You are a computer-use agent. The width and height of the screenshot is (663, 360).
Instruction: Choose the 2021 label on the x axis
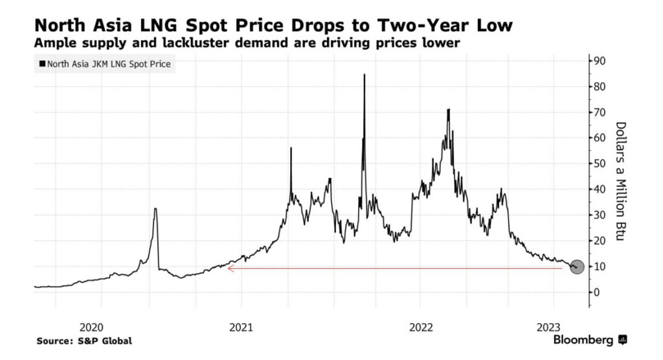pyautogui.click(x=241, y=326)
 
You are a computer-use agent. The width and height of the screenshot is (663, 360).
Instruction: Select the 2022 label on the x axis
pyautogui.click(x=421, y=326)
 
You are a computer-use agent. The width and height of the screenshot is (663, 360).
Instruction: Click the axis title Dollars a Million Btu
pyautogui.click(x=620, y=182)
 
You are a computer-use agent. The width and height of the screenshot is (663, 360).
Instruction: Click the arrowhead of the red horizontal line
pyautogui.click(x=229, y=267)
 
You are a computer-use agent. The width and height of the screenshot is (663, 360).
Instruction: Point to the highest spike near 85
pyautogui.click(x=364, y=75)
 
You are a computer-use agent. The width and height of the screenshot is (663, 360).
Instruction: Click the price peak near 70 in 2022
pyautogui.click(x=448, y=110)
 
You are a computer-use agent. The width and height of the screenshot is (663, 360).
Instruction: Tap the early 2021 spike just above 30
pyautogui.click(x=155, y=209)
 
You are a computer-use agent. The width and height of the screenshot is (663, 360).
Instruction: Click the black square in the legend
pyautogui.click(x=43, y=64)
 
